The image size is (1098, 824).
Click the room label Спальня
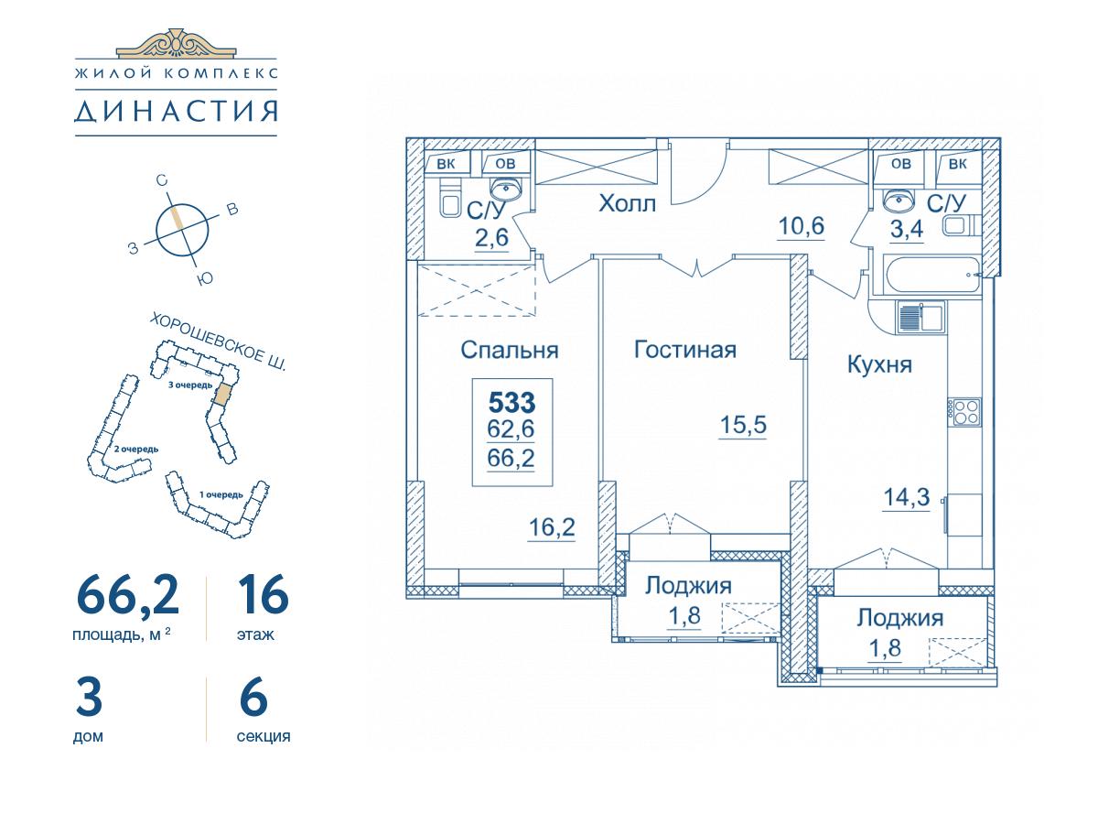pyautogui.click(x=510, y=350)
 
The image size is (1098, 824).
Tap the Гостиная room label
pyautogui.click(x=684, y=349)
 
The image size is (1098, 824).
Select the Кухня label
pyautogui.click(x=879, y=364)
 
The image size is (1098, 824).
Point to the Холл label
pyautogui.click(x=628, y=203)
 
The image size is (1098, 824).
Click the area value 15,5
pyautogui.click(x=743, y=425)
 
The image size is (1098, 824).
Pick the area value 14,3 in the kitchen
pyautogui.click(x=907, y=497)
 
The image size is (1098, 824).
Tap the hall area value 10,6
pyautogui.click(x=801, y=226)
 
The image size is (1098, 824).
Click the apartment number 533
pyautogui.click(x=511, y=402)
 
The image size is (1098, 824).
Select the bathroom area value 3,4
pyautogui.click(x=907, y=230)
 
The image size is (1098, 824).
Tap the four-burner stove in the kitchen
pyautogui.click(x=966, y=411)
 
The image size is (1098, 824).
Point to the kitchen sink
pyautogui.click(x=920, y=317)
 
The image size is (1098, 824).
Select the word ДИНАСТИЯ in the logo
pyautogui.click(x=176, y=111)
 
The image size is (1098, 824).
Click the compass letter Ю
pyautogui.click(x=205, y=278)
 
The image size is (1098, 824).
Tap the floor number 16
pyautogui.click(x=264, y=594)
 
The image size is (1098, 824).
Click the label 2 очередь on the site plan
pyautogui.click(x=136, y=449)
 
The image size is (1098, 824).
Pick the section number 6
pyautogui.click(x=253, y=698)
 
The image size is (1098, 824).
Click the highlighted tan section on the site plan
pyautogui.click(x=222, y=394)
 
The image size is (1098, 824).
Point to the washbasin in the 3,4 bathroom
pyautogui.click(x=900, y=201)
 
